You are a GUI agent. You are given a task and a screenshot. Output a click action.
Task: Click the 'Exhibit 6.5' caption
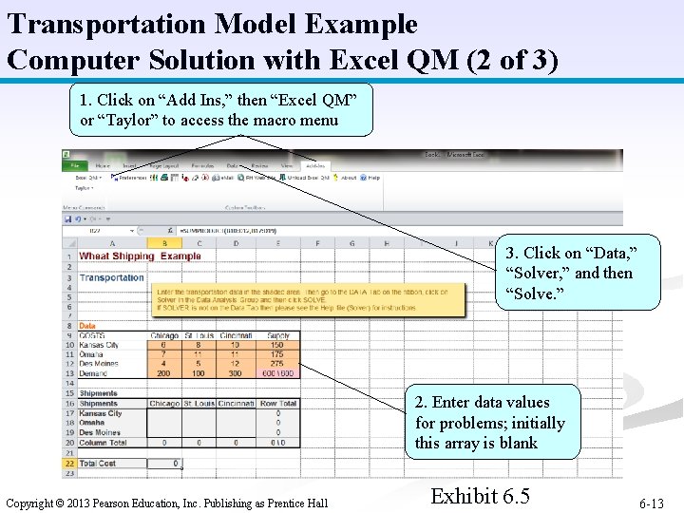[x=480, y=496]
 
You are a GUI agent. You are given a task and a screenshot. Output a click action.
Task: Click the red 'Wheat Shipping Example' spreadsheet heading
[x=140, y=256]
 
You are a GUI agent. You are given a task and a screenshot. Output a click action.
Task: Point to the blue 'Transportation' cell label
[x=111, y=277]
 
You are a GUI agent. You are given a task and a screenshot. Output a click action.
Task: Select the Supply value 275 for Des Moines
[x=277, y=364]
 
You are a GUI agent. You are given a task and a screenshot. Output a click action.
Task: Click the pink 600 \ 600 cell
[x=277, y=373]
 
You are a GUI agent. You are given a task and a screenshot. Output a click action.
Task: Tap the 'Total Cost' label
[x=99, y=463]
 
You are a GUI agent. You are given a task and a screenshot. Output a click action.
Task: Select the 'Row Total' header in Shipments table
[x=277, y=404]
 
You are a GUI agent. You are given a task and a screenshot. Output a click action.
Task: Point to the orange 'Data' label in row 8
[x=86, y=325]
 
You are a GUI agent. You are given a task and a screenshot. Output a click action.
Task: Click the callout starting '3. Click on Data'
[x=569, y=273]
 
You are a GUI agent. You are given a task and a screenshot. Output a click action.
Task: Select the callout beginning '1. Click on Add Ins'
[x=221, y=109]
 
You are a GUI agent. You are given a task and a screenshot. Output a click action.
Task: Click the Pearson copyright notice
[x=167, y=503]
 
